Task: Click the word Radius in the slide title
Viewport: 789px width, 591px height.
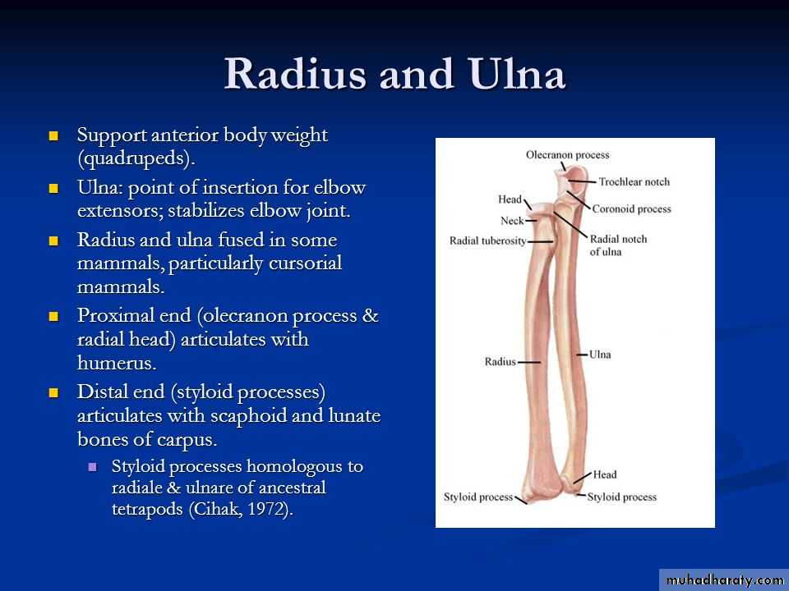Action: [x=295, y=74]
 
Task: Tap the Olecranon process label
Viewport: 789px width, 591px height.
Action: [x=568, y=155]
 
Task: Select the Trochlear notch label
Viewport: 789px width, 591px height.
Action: [x=634, y=182]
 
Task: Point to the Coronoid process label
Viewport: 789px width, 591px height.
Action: [x=631, y=209]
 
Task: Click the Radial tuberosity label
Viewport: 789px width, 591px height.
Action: [x=487, y=241]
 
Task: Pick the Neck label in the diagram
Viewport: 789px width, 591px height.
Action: [x=512, y=221]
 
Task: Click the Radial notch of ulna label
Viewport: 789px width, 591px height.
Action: [x=618, y=245]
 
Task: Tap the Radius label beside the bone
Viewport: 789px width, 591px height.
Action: [x=501, y=361]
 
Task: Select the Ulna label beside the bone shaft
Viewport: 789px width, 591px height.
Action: [x=600, y=355]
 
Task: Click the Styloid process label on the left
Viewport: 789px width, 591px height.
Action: [x=478, y=497]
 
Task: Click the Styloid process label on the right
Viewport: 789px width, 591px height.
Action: [x=622, y=497]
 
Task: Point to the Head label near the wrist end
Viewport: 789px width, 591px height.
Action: [x=604, y=474]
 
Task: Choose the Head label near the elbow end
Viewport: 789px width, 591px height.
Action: [x=510, y=199]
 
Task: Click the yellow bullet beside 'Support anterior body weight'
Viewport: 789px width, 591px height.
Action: [x=54, y=135]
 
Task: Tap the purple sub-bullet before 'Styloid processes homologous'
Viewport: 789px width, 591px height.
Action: [x=92, y=467]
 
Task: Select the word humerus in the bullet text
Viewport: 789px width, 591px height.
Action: [x=117, y=362]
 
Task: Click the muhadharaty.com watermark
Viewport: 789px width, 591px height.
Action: [x=724, y=580]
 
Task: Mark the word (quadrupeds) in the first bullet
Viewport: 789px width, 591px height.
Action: [x=136, y=158]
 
